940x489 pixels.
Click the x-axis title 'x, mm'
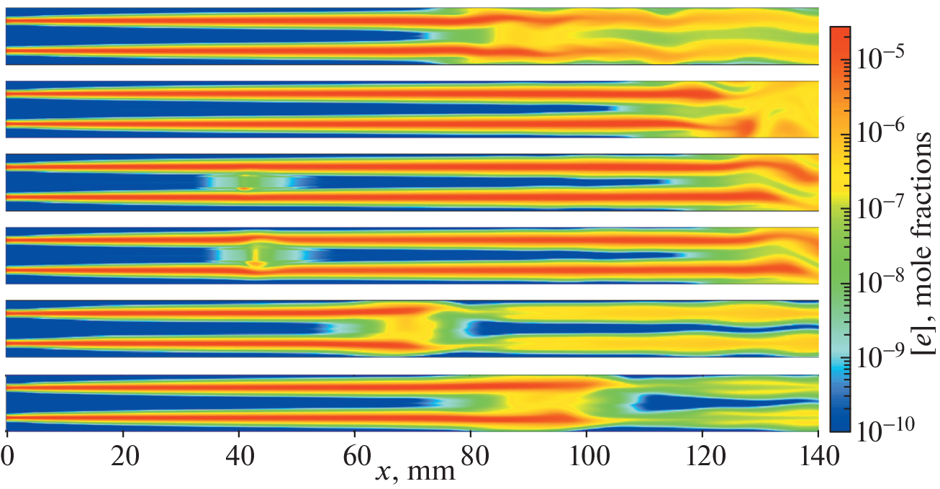click(x=415, y=471)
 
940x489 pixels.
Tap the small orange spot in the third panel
click(x=244, y=189)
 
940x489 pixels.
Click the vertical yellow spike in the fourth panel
click(x=256, y=256)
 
